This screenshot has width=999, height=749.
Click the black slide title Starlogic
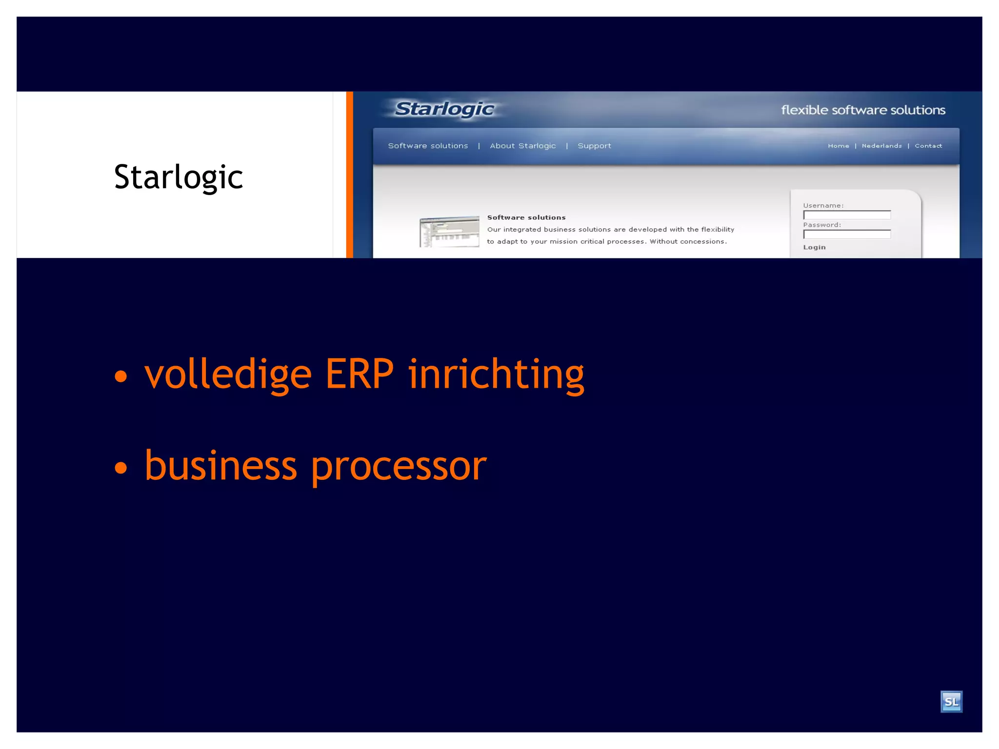(178, 177)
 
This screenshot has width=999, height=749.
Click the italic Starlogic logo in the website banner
(444, 109)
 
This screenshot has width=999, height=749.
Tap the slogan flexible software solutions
(863, 110)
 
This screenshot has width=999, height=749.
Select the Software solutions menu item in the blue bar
(428, 146)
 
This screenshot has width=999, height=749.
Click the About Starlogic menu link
(522, 146)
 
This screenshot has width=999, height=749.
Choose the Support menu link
(594, 146)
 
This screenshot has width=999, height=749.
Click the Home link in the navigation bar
(838, 146)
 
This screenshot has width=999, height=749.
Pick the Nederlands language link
(881, 146)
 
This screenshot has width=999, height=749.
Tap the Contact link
(928, 146)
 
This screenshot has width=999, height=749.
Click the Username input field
(847, 215)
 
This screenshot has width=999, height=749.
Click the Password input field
(847, 235)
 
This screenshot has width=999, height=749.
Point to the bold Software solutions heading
(526, 217)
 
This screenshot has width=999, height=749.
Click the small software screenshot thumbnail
(449, 232)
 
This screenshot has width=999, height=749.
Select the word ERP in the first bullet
(359, 374)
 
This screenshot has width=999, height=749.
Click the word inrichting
(496, 374)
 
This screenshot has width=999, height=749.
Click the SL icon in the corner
(951, 702)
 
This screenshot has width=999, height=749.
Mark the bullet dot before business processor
(120, 468)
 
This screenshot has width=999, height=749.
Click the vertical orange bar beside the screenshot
(349, 175)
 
